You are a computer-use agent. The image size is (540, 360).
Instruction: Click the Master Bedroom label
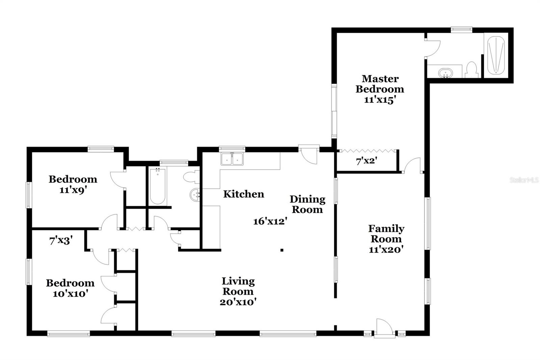[380, 84]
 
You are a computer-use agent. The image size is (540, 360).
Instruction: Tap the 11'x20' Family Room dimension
[386, 250]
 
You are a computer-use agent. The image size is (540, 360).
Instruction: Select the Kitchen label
[243, 194]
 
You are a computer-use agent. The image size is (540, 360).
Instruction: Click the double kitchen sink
[232, 159]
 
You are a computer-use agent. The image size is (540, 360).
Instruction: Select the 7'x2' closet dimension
[367, 161]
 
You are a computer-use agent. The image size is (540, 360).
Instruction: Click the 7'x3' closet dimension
[61, 241]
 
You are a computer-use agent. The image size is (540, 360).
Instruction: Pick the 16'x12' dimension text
[270, 222]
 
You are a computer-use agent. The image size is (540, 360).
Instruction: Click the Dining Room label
[307, 204]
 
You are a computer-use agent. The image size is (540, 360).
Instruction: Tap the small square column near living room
[282, 250]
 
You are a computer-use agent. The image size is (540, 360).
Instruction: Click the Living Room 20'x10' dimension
[238, 302]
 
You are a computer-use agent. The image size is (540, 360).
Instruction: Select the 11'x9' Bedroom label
[73, 184]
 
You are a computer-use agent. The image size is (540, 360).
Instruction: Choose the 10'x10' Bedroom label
[70, 288]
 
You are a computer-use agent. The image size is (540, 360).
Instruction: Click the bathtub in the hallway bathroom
[157, 186]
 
